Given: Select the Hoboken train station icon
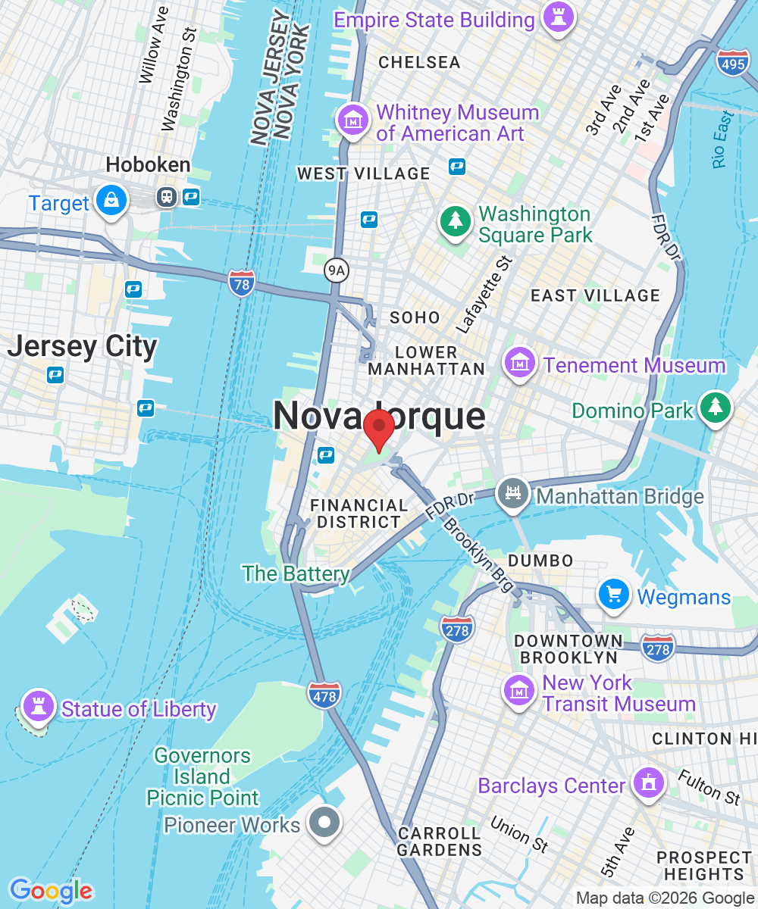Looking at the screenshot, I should (166, 198).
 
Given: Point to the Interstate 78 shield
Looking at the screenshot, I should (241, 283).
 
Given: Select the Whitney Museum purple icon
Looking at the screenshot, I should (353, 121).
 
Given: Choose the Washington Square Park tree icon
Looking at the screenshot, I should (456, 223).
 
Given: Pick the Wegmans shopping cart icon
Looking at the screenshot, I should (614, 595).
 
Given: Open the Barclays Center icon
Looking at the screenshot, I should (648, 784).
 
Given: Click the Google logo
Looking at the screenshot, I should (51, 891).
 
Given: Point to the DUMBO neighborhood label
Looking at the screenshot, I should (540, 561).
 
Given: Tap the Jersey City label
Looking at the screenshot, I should (82, 347).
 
